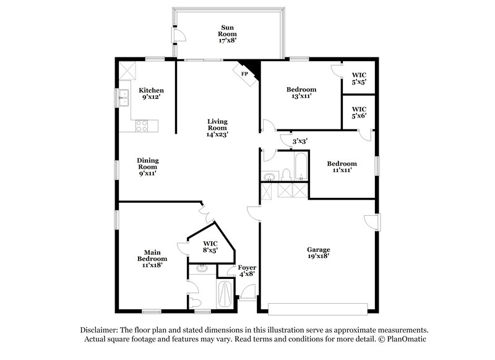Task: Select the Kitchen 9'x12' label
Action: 151,93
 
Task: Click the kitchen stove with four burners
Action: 142,126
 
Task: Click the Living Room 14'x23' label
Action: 217,126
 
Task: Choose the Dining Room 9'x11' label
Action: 147,166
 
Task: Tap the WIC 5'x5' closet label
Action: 359,78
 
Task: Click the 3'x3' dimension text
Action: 300,141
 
